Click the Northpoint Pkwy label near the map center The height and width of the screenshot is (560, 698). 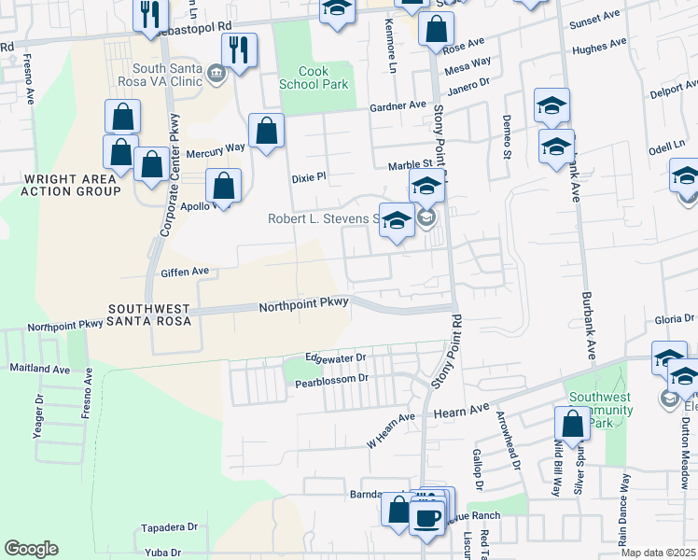tap(303, 303)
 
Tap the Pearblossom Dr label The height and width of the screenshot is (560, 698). tap(332, 381)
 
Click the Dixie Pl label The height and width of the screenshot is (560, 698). tap(308, 175)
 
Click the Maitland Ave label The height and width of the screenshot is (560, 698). tap(39, 369)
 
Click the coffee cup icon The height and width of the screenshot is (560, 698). tap(427, 516)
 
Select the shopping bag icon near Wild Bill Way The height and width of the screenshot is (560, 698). tap(572, 424)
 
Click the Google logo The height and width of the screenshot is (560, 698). tap(31, 549)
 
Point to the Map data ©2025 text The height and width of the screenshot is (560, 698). tap(657, 553)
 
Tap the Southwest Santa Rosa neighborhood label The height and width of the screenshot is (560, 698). tap(149, 315)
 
